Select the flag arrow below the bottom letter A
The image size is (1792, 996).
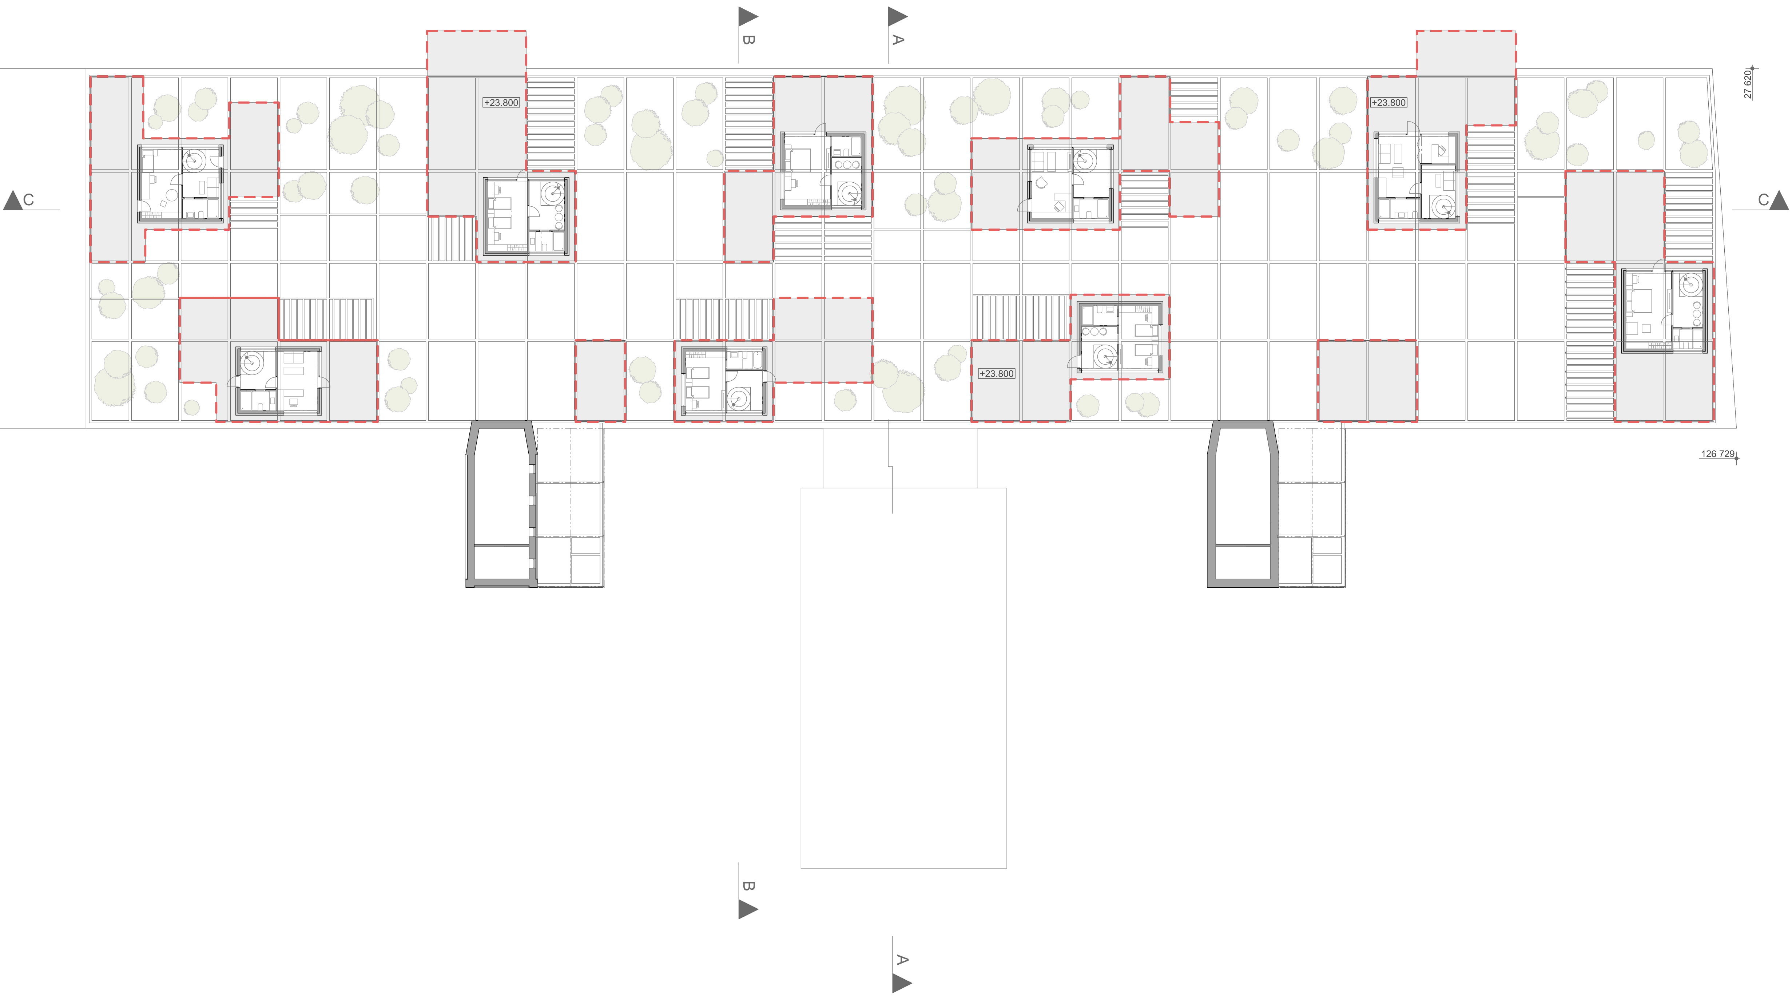point(901,983)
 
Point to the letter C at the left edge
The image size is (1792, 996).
point(28,200)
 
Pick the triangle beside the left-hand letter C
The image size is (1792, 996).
point(12,200)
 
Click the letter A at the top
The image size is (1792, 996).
point(897,40)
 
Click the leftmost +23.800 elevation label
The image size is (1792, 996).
point(501,102)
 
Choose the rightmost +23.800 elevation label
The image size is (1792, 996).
point(1388,102)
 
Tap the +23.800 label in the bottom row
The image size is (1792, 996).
point(996,373)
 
